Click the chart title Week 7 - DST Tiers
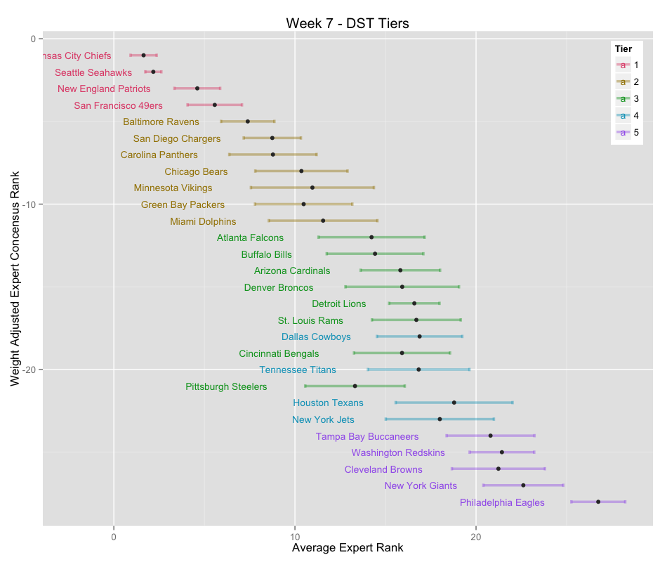tap(348, 23)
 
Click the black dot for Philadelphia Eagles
tap(598, 502)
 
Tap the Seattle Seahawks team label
tap(93, 72)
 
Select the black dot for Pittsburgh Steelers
tap(355, 386)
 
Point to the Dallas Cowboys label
tap(316, 337)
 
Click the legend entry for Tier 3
tap(628, 98)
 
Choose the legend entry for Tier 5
tap(628, 132)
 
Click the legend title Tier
tap(623, 48)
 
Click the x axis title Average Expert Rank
tap(348, 548)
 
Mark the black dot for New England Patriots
tap(197, 89)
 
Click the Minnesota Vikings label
tap(173, 188)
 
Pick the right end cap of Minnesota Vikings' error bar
tap(374, 188)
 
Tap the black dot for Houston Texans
tap(454, 403)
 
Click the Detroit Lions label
tap(338, 303)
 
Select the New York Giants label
tap(421, 485)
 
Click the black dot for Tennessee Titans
tap(418, 370)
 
